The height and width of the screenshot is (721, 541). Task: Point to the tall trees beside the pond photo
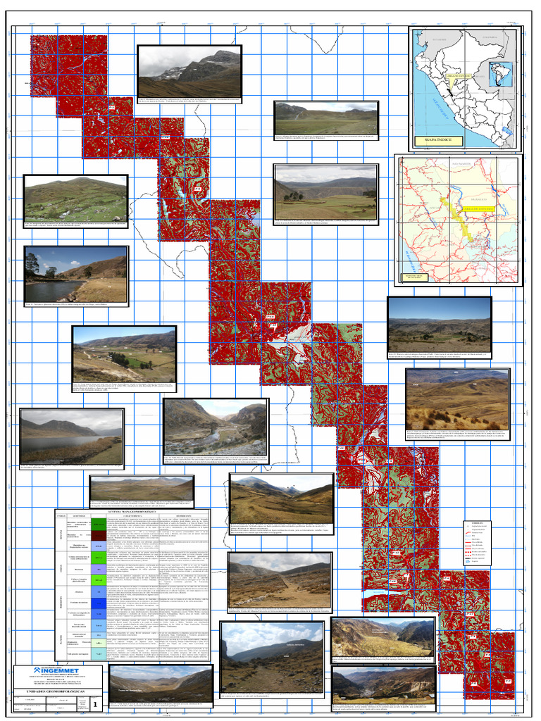34,267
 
